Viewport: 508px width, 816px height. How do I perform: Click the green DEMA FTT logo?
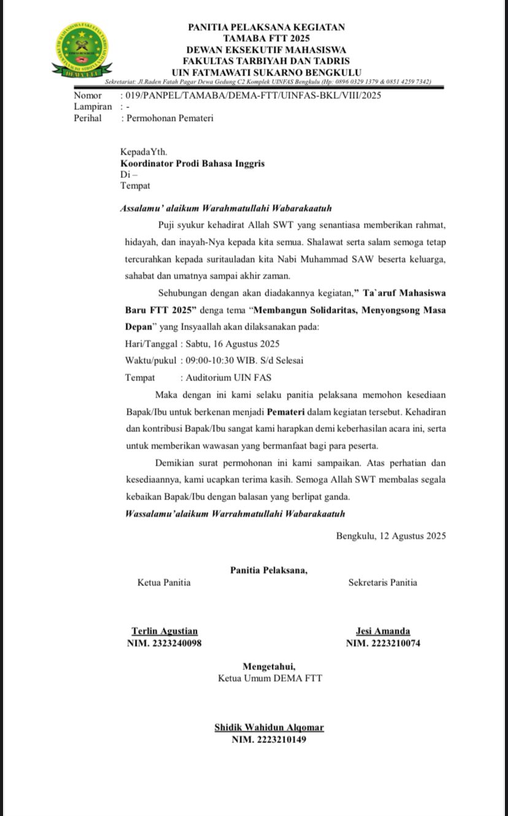[x=81, y=50]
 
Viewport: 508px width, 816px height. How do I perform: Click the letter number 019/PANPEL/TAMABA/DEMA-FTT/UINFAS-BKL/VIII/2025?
[x=252, y=95]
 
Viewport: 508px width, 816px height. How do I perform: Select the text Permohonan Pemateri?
[x=170, y=118]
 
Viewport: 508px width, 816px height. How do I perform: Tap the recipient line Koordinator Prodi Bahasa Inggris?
[x=193, y=163]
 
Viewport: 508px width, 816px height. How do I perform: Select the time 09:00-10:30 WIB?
[x=223, y=360]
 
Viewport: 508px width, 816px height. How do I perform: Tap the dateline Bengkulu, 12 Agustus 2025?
[x=391, y=536]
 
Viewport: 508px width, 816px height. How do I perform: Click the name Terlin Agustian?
[x=164, y=631]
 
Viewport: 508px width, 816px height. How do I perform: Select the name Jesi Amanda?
[x=383, y=631]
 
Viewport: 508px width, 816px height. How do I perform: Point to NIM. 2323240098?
[x=164, y=643]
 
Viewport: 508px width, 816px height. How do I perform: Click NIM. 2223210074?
[x=383, y=643]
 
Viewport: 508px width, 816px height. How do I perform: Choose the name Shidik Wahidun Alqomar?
[x=269, y=727]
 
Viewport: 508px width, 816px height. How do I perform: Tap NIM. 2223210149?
[x=269, y=739]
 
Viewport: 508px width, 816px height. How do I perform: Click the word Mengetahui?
[x=269, y=666]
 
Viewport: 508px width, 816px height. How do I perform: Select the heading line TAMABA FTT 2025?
[x=266, y=38]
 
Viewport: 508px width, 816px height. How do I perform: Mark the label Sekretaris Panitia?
[x=382, y=582]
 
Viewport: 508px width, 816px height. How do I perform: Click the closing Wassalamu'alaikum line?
[x=235, y=513]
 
